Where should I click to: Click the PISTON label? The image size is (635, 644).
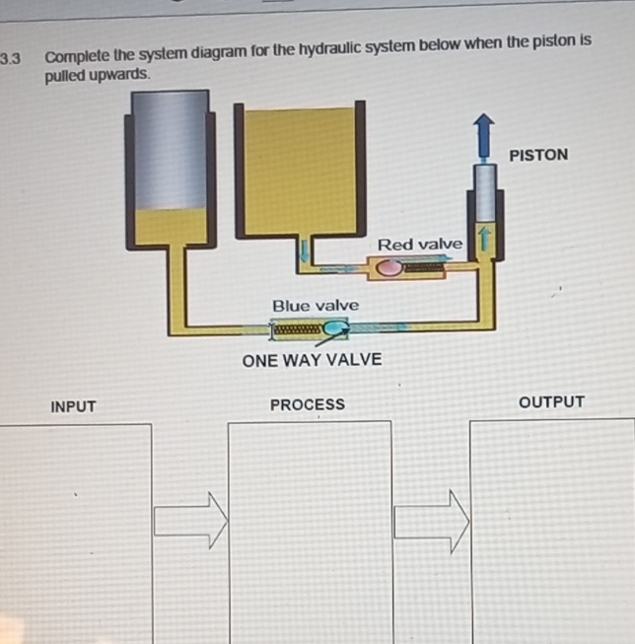pyautogui.click(x=538, y=155)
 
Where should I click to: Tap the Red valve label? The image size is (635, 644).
pyautogui.click(x=419, y=244)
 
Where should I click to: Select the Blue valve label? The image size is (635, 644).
pyautogui.click(x=316, y=306)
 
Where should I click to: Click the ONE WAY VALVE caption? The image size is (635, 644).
pyautogui.click(x=312, y=359)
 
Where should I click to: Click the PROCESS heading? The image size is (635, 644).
pyautogui.click(x=308, y=404)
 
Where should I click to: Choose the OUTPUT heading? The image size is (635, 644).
pyautogui.click(x=551, y=402)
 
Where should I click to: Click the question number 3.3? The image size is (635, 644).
pyautogui.click(x=11, y=58)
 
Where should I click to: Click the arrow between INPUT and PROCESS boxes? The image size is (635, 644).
pyautogui.click(x=190, y=520)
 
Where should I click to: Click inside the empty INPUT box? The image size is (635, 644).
pyautogui.click(x=74, y=533)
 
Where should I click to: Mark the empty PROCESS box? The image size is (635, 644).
pyautogui.click(x=310, y=533)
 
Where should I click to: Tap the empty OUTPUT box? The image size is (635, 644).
pyautogui.click(x=552, y=533)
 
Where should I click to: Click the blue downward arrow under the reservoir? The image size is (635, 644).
pyautogui.click(x=305, y=251)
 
